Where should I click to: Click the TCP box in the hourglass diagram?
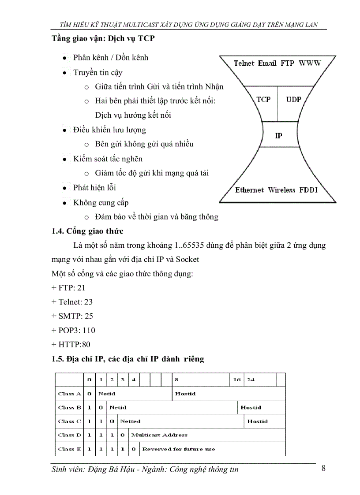point(264,100)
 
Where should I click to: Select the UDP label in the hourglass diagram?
point(293,100)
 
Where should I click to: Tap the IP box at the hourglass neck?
point(278,136)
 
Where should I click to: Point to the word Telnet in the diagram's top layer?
point(244,63)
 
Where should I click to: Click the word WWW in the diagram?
point(310,63)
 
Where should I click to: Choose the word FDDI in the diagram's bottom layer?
point(308,190)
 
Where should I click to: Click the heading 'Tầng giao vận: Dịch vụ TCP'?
point(103,38)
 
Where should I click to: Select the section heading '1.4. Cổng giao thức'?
point(87,231)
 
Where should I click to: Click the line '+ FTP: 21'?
point(68,288)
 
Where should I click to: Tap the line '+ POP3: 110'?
point(73,330)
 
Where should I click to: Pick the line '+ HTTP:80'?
point(71,344)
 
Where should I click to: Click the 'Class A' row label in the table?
point(69,394)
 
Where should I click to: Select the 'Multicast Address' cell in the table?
point(159,435)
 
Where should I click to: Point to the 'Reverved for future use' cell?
point(179,449)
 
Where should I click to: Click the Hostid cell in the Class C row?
point(257,421)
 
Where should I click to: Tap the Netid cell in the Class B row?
point(118,407)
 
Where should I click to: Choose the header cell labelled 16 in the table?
point(237,380)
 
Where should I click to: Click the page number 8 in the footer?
point(323,468)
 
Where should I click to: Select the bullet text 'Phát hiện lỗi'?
point(95,188)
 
